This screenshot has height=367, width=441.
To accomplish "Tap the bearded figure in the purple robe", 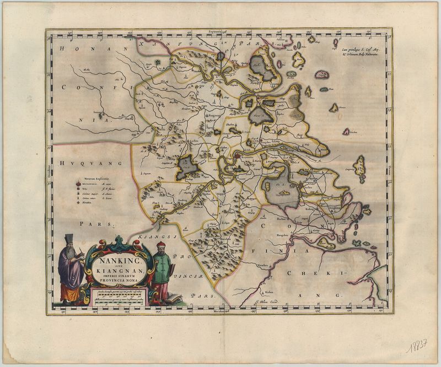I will pyautogui.click(x=70, y=270).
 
